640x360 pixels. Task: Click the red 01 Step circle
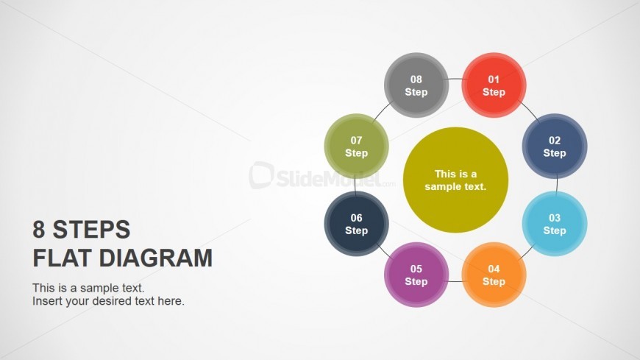click(x=494, y=85)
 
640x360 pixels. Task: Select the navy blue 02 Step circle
click(x=555, y=146)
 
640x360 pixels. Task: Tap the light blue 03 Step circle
click(x=555, y=224)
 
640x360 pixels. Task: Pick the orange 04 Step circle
click(x=494, y=275)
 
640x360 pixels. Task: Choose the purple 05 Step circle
click(x=416, y=275)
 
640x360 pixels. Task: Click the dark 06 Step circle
click(x=356, y=224)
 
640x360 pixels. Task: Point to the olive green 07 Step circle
click(x=356, y=146)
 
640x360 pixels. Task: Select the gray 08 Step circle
click(x=416, y=85)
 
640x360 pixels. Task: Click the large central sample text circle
click(x=455, y=180)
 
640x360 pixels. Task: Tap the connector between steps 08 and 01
click(x=455, y=79)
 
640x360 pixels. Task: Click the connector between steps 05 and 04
click(x=455, y=281)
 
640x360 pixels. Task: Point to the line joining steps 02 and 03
click(x=557, y=185)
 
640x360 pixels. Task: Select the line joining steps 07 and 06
click(x=355, y=185)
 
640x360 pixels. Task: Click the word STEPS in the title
click(x=91, y=229)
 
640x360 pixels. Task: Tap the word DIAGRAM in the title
click(x=155, y=258)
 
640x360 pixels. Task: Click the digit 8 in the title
click(x=39, y=229)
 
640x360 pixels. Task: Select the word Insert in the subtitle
click(x=46, y=301)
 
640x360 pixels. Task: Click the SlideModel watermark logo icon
click(x=261, y=175)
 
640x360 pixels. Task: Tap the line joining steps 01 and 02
click(x=530, y=113)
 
